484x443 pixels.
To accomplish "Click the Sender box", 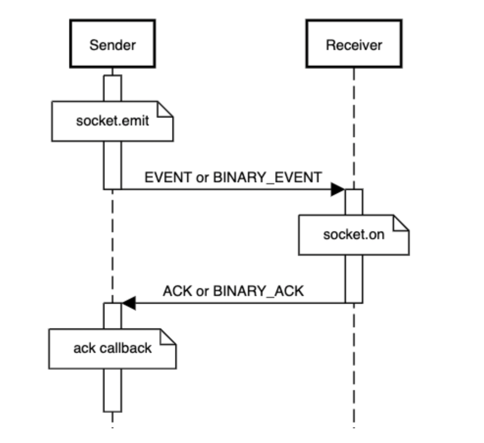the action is [x=112, y=44].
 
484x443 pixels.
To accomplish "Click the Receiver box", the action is [x=354, y=44].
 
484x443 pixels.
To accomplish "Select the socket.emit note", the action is [x=112, y=121].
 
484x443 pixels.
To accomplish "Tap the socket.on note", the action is [x=354, y=235].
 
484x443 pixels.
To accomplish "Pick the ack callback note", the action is [x=112, y=349].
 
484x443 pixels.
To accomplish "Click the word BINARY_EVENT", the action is [x=268, y=178].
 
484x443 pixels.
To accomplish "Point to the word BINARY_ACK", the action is [x=258, y=292].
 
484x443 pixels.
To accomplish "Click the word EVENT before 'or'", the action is [x=168, y=177].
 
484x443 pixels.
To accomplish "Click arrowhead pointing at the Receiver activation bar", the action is [x=338, y=189].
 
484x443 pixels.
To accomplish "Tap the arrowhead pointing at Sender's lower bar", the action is [x=129, y=303].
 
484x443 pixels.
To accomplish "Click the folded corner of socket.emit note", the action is [x=165, y=109].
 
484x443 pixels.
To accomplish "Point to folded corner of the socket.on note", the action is [x=401, y=223].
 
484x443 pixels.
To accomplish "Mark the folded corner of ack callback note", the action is [x=168, y=336].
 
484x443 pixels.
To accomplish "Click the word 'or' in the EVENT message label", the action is [x=202, y=178].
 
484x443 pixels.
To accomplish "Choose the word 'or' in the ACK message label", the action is [x=202, y=292].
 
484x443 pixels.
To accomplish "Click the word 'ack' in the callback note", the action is [x=84, y=348].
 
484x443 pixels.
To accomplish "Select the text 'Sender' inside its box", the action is [x=112, y=45].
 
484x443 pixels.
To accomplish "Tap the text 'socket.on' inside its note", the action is [x=354, y=235].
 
